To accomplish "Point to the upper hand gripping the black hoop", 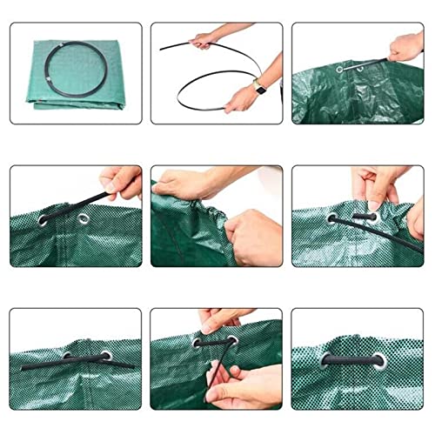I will coord(203,39).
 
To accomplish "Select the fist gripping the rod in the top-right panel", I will coord(405,47).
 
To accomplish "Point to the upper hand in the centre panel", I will coord(187,184).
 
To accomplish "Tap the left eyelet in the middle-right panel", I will coord(331,219).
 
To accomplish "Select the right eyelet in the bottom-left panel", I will coord(106,355).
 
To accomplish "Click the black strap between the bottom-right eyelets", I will coord(352,359).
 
